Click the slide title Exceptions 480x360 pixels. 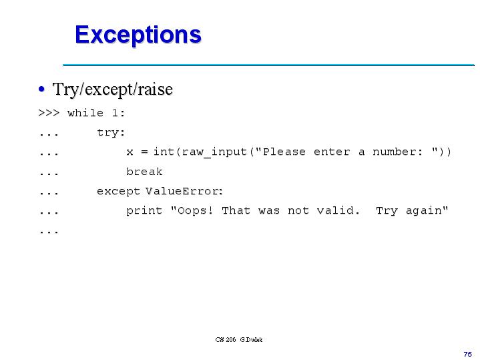[138, 34]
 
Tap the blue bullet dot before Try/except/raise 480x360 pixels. [42, 89]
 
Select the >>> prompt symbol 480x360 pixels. [49, 113]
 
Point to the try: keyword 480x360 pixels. [111, 132]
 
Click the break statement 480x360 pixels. [144, 172]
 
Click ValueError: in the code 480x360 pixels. [184, 191]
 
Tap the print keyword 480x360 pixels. [144, 210]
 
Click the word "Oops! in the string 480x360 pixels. [192, 210]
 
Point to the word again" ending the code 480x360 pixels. [427, 211]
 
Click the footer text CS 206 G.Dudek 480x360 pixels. [239, 340]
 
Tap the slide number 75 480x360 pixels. [467, 353]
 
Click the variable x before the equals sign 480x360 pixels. [130, 152]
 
